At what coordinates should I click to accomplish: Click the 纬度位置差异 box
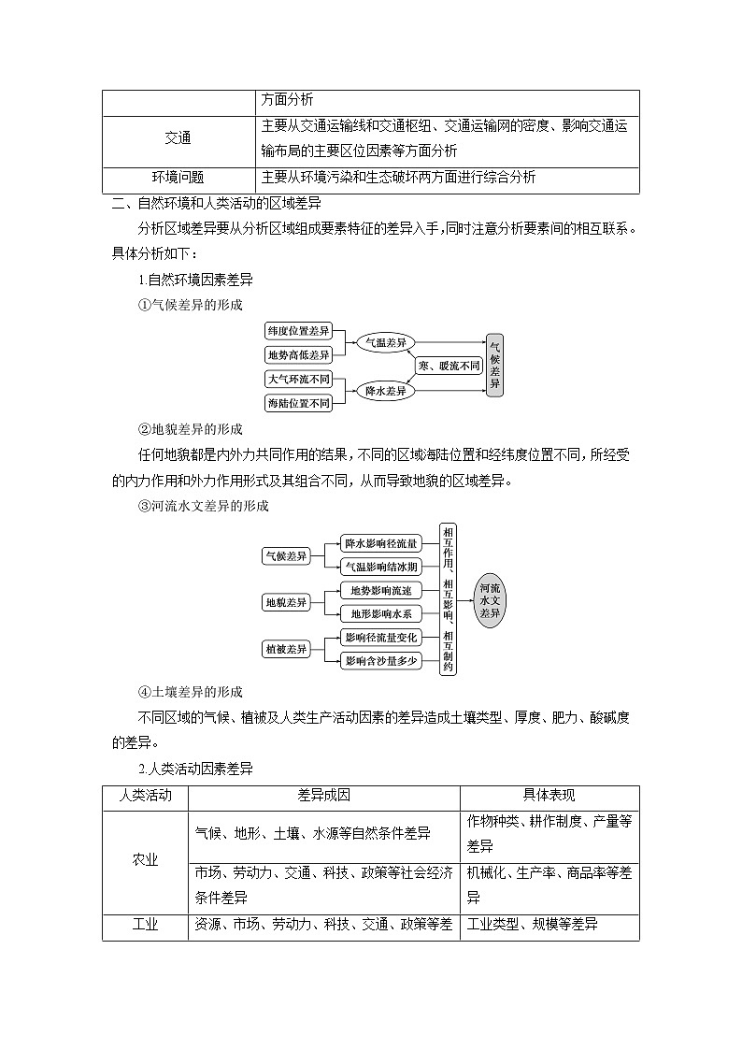coord(299,331)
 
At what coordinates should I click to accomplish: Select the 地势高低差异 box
coord(299,354)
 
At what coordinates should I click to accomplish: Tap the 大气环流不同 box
coord(299,380)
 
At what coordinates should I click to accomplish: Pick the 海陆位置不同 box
coord(299,403)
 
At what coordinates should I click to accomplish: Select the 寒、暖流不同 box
coord(449,367)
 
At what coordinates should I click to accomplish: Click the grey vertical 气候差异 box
coord(495,365)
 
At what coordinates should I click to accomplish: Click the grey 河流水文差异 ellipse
coord(491,601)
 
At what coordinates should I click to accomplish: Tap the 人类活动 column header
coord(145,796)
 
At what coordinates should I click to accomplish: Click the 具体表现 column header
coord(549,796)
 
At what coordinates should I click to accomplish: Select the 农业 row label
coord(145,860)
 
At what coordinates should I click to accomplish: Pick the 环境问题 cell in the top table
coord(178,178)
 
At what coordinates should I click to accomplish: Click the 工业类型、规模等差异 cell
coord(533,925)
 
